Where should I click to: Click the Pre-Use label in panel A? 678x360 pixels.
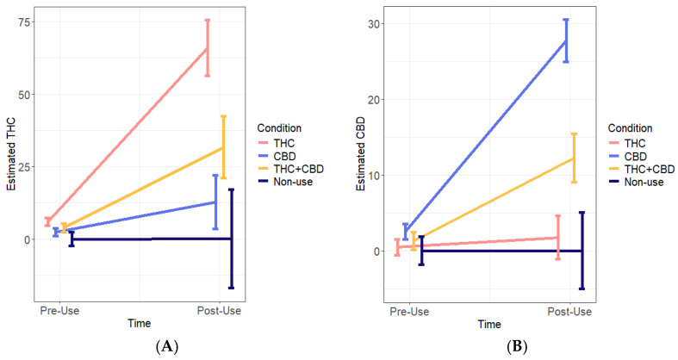(x=59, y=308)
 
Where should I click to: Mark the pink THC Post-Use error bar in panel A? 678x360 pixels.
(x=207, y=47)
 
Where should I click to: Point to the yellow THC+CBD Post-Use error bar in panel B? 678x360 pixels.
(x=574, y=158)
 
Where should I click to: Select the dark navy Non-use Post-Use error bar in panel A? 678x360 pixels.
(x=231, y=239)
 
